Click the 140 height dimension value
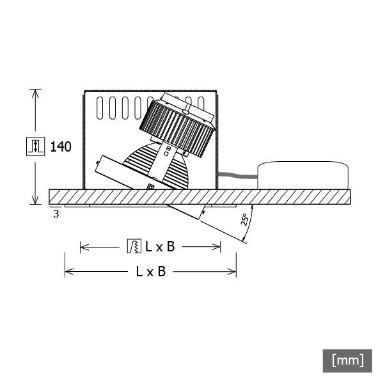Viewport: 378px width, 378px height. tap(61, 146)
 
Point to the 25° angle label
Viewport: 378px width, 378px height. tap(244, 221)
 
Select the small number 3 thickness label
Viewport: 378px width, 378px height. tap(56, 214)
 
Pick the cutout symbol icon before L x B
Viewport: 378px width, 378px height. tap(134, 246)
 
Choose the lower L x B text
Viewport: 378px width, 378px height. tap(151, 271)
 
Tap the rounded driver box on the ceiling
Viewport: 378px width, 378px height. tap(303, 175)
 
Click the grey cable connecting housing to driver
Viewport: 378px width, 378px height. tap(237, 175)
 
